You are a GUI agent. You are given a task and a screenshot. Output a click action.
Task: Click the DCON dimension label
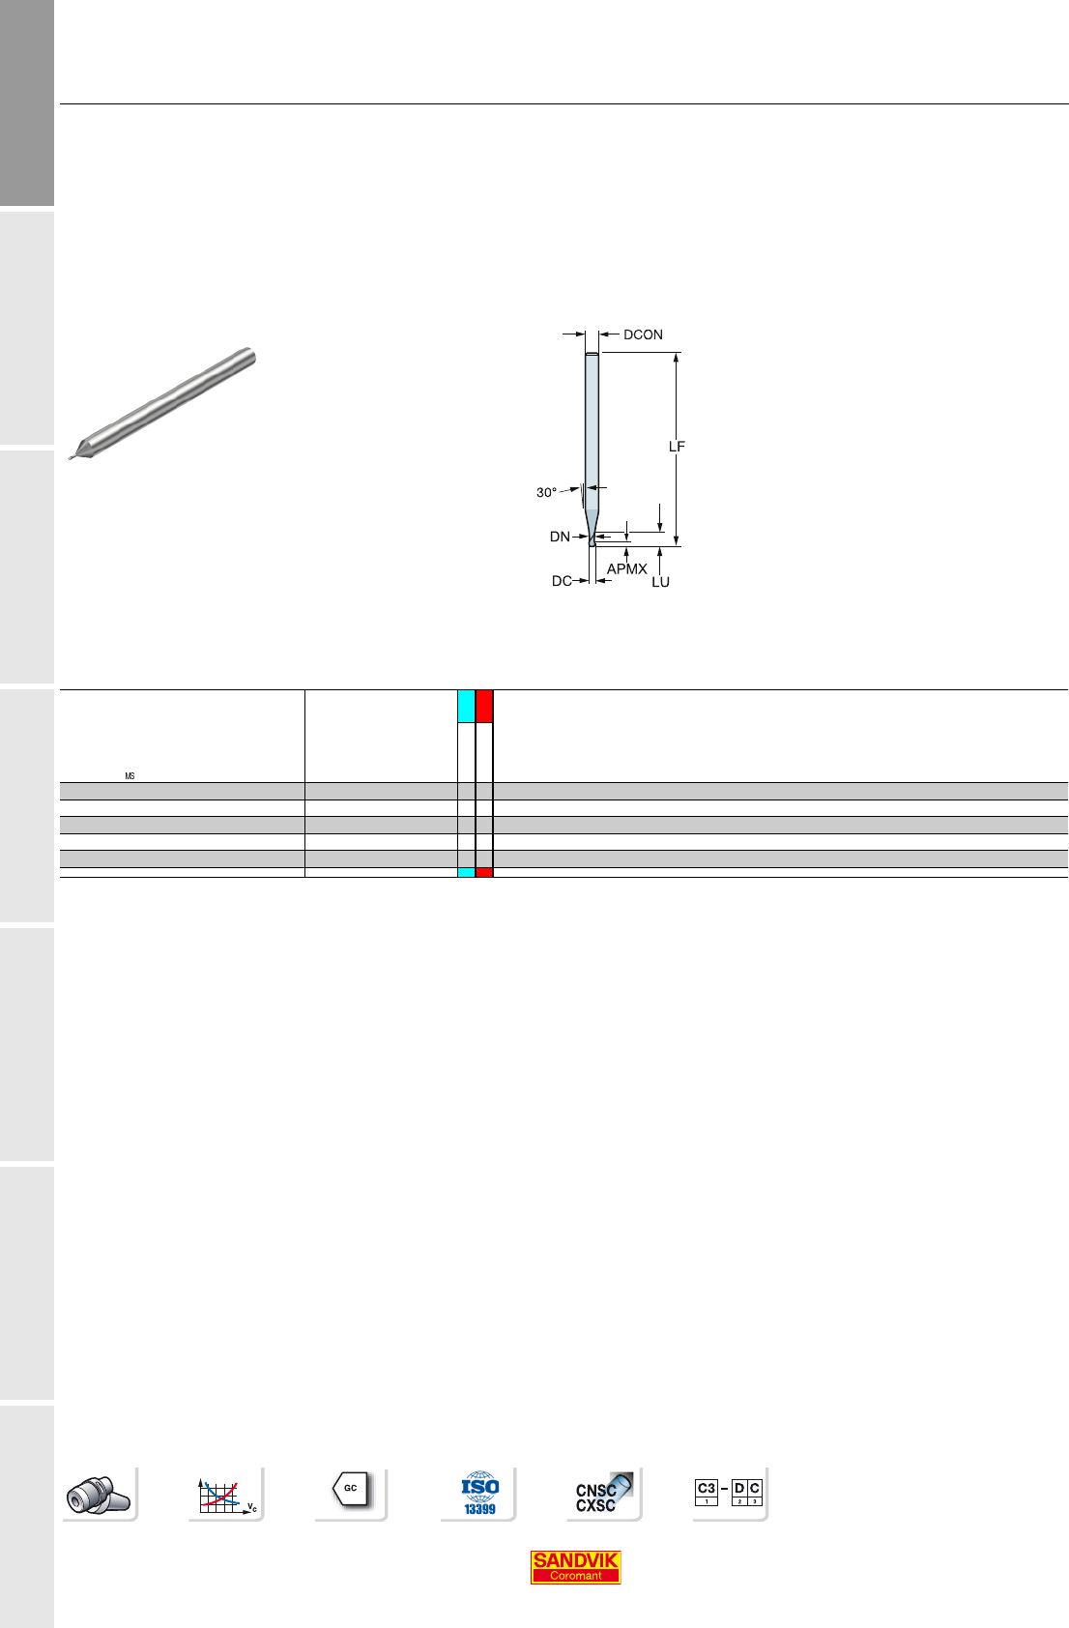643,335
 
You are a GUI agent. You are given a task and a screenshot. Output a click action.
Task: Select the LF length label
677,447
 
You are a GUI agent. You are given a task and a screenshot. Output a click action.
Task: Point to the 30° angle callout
546,493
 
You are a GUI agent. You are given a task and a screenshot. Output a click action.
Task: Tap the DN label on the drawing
560,538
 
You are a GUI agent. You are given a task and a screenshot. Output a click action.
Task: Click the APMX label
626,569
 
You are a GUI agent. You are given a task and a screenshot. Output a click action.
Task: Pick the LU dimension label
660,582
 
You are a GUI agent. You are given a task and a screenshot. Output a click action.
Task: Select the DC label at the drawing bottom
561,581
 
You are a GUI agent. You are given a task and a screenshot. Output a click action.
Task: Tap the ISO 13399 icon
479,1494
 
